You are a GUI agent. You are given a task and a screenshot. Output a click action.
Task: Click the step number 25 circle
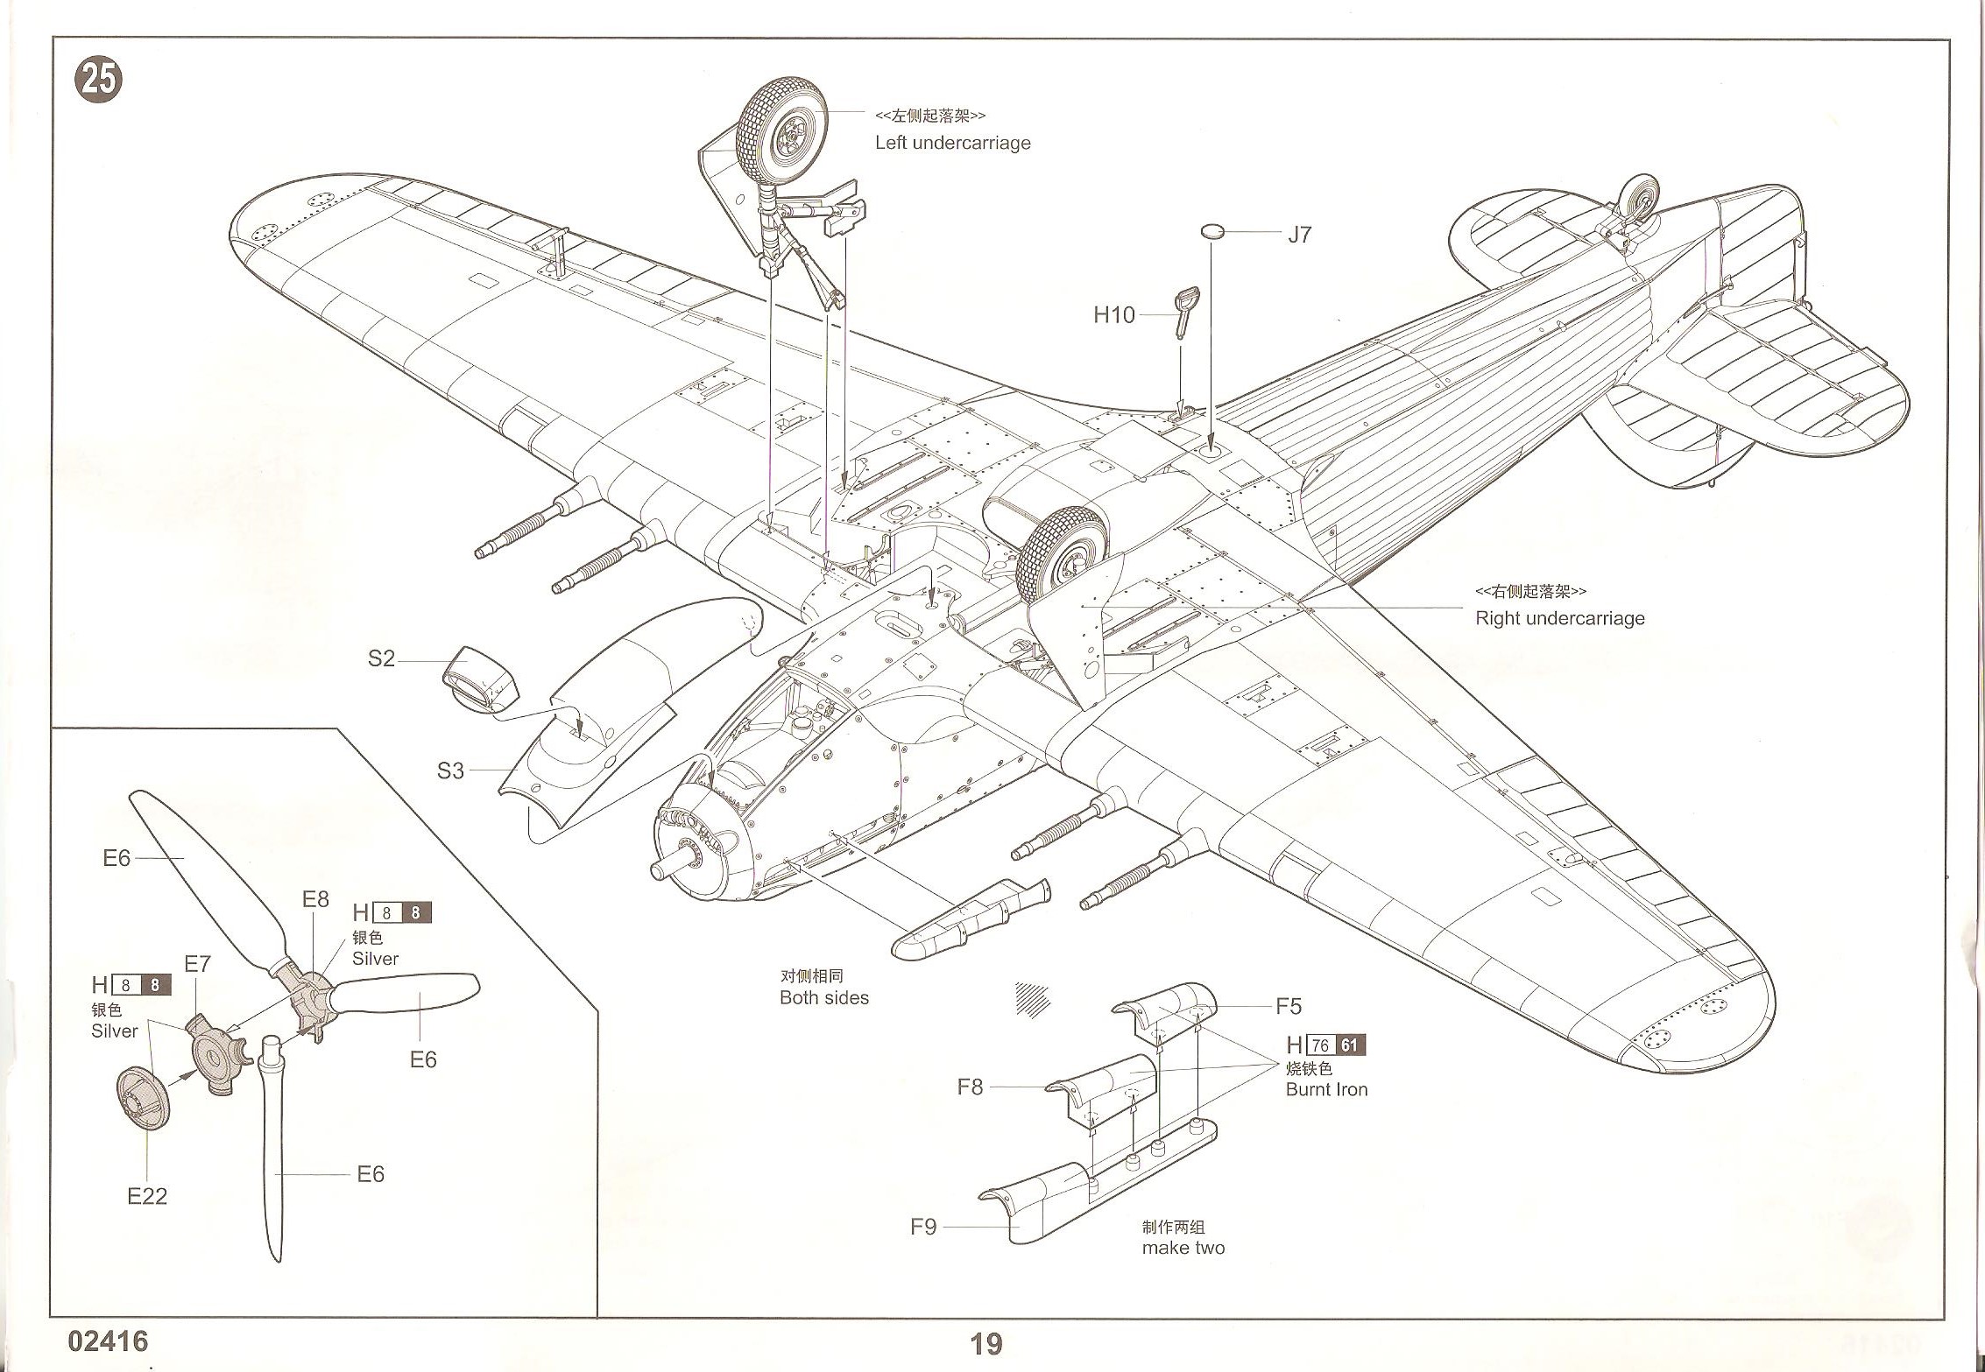(x=98, y=81)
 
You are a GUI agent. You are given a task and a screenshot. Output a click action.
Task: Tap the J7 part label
(x=1299, y=235)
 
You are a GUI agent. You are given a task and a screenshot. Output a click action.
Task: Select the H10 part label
(x=1113, y=315)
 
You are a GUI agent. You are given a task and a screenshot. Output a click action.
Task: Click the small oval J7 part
(x=1211, y=231)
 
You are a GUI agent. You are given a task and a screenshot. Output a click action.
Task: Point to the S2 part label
(x=381, y=658)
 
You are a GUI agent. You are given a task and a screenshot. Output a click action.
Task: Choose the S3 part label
(x=450, y=770)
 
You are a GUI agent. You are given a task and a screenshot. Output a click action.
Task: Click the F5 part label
(x=1289, y=1007)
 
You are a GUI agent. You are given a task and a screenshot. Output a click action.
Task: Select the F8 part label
(x=970, y=1087)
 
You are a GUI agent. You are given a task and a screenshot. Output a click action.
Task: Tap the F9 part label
(x=923, y=1227)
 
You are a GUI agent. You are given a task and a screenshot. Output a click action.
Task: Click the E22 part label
(x=146, y=1196)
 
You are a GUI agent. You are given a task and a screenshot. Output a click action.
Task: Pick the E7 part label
(x=197, y=964)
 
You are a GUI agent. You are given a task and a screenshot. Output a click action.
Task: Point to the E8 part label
(x=315, y=899)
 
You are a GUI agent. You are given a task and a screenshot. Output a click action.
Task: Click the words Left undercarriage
(x=952, y=144)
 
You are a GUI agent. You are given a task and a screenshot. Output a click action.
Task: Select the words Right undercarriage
(x=1559, y=618)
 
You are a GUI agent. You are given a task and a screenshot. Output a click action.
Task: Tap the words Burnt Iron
(x=1326, y=1090)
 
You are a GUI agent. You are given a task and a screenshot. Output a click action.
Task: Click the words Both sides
(x=823, y=998)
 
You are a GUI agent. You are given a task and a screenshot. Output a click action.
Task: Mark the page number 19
(x=986, y=1344)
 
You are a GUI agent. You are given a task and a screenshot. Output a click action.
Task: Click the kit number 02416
(x=108, y=1341)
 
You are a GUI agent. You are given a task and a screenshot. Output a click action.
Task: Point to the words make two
(x=1183, y=1248)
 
